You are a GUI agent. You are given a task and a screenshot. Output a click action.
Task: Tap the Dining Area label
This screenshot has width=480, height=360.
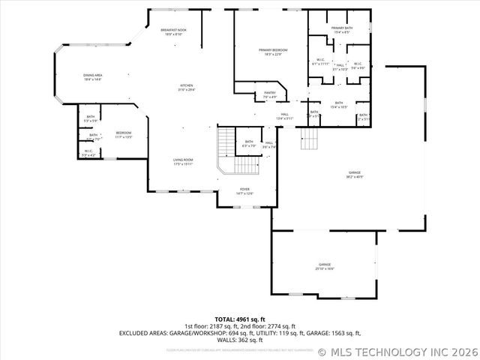(94, 76)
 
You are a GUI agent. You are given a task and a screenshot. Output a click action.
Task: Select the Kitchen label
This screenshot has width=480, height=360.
(187, 88)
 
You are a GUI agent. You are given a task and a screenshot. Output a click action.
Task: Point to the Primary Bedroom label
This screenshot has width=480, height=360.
(273, 52)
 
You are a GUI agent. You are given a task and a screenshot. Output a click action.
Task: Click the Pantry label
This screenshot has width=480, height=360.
(270, 95)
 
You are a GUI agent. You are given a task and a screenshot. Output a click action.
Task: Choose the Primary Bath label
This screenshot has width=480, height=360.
(342, 30)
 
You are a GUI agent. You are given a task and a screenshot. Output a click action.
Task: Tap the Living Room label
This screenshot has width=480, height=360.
(184, 161)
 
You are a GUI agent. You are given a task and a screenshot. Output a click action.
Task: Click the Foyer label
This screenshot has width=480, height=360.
(244, 191)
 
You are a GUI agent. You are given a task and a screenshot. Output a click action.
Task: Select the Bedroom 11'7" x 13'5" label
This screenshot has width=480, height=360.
(123, 135)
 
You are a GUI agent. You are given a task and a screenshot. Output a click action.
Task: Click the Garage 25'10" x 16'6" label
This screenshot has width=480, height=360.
(325, 266)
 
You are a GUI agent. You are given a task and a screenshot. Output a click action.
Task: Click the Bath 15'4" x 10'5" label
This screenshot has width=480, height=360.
(339, 105)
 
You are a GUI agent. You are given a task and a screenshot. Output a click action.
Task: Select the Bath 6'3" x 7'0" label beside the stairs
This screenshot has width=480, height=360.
(249, 143)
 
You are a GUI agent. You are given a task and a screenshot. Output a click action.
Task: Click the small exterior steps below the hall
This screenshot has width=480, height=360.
(310, 139)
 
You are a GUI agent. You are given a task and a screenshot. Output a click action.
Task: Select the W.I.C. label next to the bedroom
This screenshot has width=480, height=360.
(88, 153)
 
